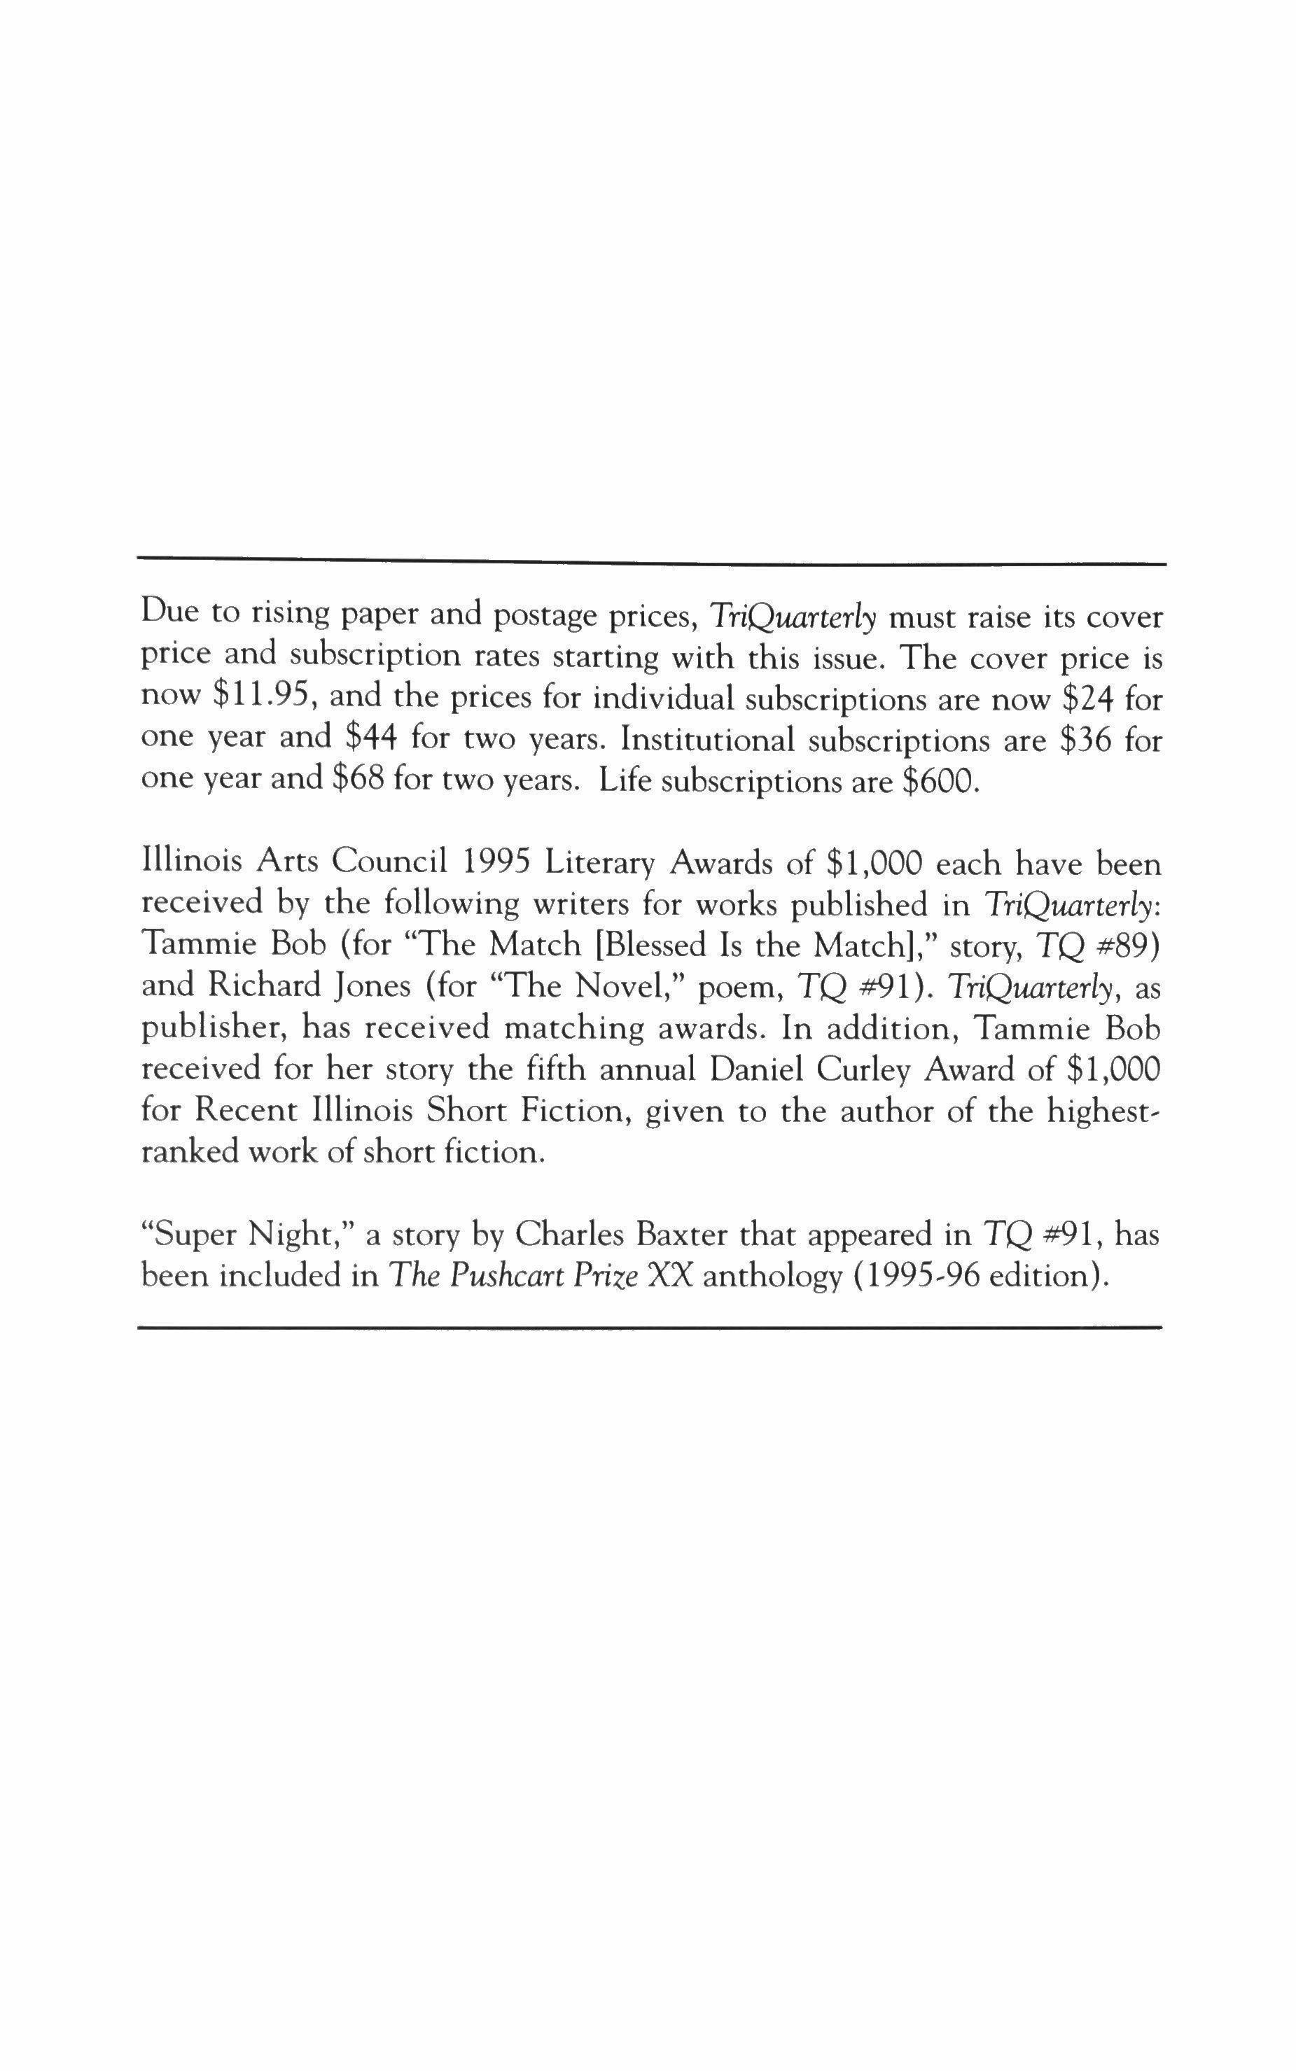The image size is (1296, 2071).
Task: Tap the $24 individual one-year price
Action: point(1087,698)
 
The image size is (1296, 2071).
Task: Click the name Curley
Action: point(872,1069)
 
